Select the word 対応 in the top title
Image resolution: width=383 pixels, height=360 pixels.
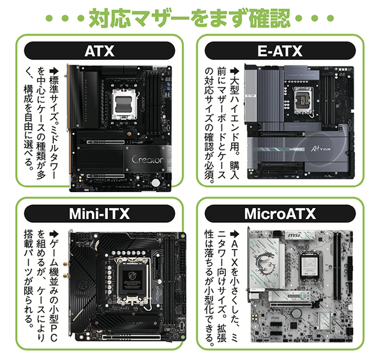105,15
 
